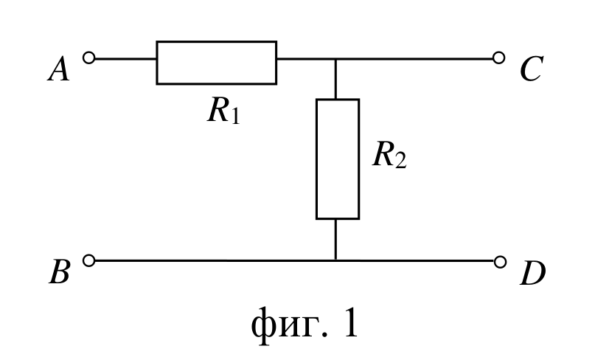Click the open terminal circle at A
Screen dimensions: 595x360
tap(88, 58)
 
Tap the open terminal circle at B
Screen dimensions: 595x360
tap(88, 260)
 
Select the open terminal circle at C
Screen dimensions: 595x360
tap(498, 58)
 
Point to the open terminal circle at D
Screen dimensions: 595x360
tap(500, 262)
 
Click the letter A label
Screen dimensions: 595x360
tap(59, 69)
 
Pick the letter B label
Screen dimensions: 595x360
tap(60, 272)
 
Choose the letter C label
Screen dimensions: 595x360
tap(532, 69)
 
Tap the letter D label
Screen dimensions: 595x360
tap(533, 273)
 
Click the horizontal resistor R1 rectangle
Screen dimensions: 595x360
tap(216, 63)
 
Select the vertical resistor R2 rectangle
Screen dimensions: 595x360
tap(338, 159)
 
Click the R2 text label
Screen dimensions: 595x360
tap(390, 155)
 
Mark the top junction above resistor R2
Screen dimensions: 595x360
tap(335, 59)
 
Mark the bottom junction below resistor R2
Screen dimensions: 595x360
tap(335, 260)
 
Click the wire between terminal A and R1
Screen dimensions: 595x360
tap(125, 59)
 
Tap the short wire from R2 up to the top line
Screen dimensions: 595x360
tap(335, 79)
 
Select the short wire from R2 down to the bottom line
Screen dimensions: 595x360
tap(335, 240)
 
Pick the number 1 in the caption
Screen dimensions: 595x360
tap(350, 322)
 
